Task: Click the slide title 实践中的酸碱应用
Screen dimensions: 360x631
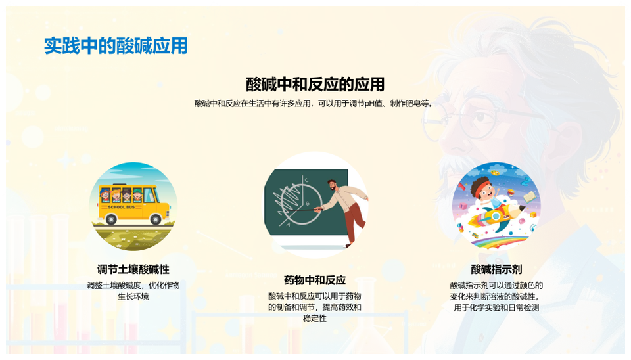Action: [x=116, y=45]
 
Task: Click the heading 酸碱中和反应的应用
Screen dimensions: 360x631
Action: [x=315, y=84]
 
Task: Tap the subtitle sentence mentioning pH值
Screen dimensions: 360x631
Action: [x=315, y=103]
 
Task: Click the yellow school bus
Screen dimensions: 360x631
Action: [x=133, y=201]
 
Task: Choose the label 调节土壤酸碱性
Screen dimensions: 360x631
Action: [x=133, y=269]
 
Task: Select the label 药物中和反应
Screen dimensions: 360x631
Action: [x=315, y=280]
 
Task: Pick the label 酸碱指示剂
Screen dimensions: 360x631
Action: [x=496, y=269]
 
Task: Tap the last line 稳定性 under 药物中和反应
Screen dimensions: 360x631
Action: [x=315, y=319]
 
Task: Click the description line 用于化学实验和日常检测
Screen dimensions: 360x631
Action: [x=496, y=307]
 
